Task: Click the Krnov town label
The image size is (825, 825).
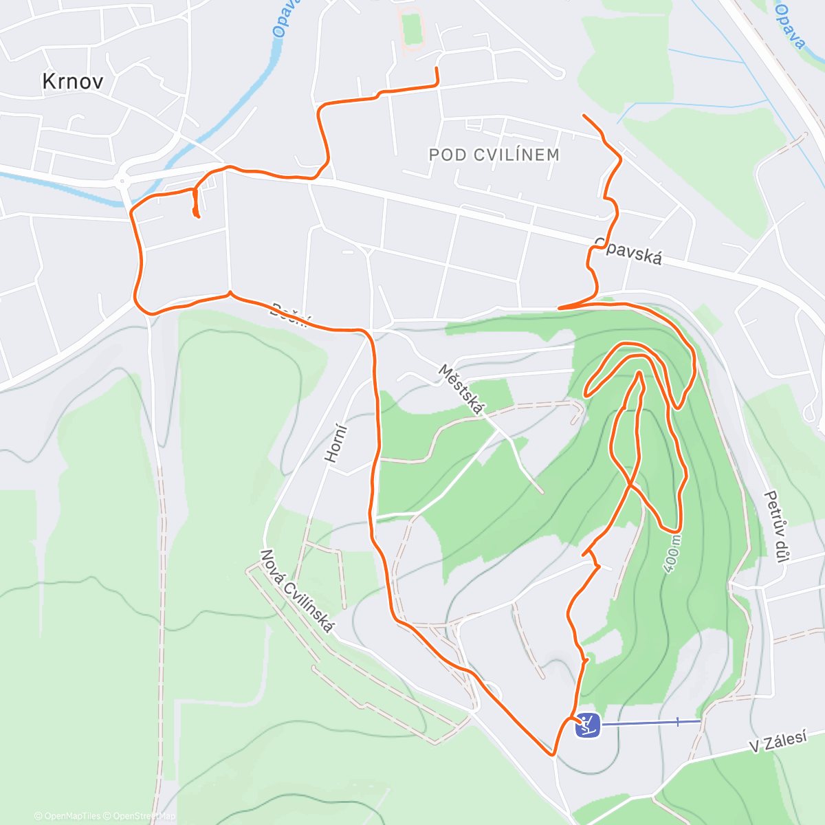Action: pyautogui.click(x=73, y=82)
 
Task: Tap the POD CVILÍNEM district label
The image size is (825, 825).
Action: pyautogui.click(x=494, y=155)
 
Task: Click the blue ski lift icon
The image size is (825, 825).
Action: pyautogui.click(x=587, y=725)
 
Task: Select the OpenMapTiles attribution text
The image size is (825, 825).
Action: pyautogui.click(x=72, y=816)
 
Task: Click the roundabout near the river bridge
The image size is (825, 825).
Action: pyautogui.click(x=122, y=182)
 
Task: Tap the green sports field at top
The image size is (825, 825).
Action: pyautogui.click(x=412, y=29)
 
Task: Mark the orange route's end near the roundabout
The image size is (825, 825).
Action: pyautogui.click(x=198, y=217)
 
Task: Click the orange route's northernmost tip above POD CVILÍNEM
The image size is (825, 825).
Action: pyautogui.click(x=436, y=68)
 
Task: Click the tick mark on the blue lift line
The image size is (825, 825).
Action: pyautogui.click(x=677, y=721)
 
